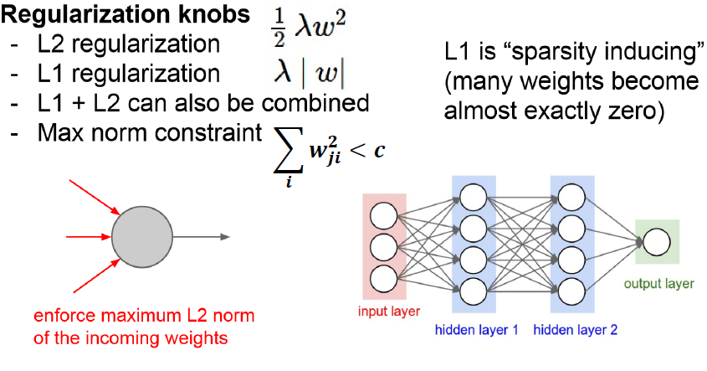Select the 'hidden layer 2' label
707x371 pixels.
pos(576,330)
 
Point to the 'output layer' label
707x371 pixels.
pos(658,284)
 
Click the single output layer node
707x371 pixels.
pos(656,242)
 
